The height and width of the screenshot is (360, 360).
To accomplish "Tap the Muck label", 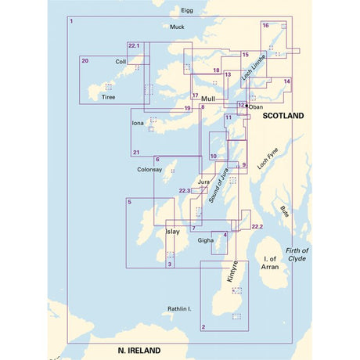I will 178,27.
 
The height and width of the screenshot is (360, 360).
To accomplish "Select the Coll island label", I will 121,61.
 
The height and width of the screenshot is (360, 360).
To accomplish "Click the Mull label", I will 208,99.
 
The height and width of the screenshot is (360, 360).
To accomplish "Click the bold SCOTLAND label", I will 283,115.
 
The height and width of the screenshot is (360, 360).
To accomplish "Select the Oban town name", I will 257,107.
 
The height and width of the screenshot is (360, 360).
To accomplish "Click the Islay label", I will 173,232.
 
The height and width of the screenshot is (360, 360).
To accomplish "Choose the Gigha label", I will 205,240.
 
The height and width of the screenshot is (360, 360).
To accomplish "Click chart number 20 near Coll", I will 85,60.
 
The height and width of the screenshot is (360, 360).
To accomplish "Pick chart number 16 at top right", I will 266,26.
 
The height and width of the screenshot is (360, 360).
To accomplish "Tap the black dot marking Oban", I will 247,106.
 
